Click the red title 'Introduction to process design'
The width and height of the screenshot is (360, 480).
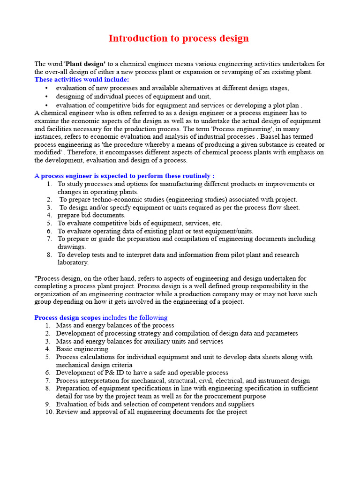coord(179,38)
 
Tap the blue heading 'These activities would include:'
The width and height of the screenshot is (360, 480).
coord(82,80)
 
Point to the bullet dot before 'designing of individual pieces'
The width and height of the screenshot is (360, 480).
coord(46,97)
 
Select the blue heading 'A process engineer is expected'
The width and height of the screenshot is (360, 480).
coord(125,176)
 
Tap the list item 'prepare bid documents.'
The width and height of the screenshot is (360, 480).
coord(91,215)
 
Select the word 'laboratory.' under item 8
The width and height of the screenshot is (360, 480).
coord(73,262)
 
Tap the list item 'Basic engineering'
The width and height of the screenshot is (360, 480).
coord(82,349)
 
